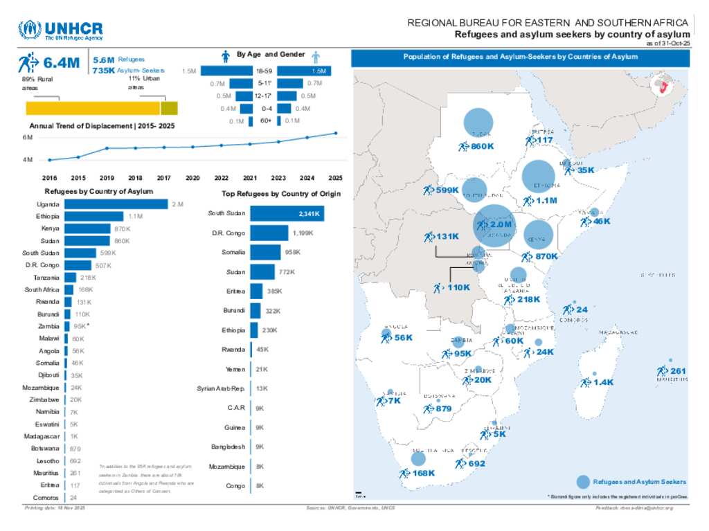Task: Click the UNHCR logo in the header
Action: point(61,31)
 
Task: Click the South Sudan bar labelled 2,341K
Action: point(287,213)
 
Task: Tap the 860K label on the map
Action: point(482,146)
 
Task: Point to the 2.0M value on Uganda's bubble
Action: point(500,224)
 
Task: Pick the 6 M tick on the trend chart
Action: point(28,137)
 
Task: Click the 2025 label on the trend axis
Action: point(336,177)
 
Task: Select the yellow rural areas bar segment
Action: point(93,108)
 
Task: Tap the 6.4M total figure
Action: point(61,64)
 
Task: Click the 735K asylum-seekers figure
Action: point(103,71)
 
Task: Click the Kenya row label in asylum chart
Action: point(50,228)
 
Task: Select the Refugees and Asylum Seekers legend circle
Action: point(583,482)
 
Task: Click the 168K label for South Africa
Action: point(422,473)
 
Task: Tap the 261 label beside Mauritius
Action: point(678,371)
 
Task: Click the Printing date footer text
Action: point(54,509)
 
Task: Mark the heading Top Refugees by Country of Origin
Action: point(281,194)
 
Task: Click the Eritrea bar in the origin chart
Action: point(256,291)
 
